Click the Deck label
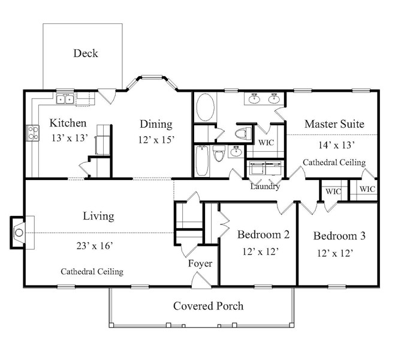[86, 53]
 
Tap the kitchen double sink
[65, 99]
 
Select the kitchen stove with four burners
[33, 133]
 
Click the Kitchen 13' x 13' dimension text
[70, 138]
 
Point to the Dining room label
[156, 124]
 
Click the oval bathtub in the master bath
[205, 107]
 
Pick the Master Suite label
[334, 124]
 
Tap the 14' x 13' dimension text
[336, 145]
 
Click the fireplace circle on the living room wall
[19, 233]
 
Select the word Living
[98, 216]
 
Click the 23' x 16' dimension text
[95, 246]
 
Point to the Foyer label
[200, 263]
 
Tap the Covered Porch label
[208, 306]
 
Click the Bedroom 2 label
[263, 234]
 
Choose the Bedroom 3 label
[339, 236]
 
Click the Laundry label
[265, 186]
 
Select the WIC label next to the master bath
[266, 142]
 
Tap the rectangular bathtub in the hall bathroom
[202, 161]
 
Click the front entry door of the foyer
[201, 281]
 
